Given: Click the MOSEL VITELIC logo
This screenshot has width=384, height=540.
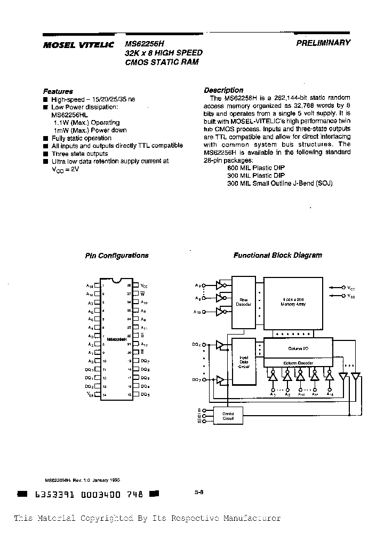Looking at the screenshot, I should pos(78,46).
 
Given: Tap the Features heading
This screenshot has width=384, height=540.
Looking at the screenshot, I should pos(58,91).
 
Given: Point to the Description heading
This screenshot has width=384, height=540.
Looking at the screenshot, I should pos(223,90).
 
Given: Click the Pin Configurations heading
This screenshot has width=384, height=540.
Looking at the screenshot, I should pos(117,256).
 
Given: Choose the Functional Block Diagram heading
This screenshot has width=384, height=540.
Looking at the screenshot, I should pos(277,255).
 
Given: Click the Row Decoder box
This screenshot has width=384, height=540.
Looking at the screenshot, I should pos(244,302).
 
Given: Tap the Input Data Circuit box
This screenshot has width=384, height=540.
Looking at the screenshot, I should pos(244,361).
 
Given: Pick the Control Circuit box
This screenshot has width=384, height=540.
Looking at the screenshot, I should pos(228,416).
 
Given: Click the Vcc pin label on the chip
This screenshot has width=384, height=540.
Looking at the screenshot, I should pos(143,286).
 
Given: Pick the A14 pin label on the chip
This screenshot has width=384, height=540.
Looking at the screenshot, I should pos(90,286).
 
